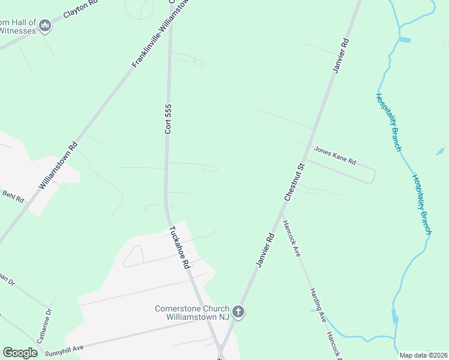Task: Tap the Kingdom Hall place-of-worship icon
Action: (45, 26)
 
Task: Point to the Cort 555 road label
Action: (169, 118)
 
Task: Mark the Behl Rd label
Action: (12, 195)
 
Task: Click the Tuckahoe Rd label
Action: (179, 247)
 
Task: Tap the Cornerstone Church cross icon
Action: (238, 312)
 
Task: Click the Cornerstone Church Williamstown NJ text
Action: (192, 313)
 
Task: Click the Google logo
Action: (20, 352)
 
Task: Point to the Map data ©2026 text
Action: (423, 355)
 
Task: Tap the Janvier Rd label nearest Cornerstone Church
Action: (264, 251)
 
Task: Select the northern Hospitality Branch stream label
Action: (388, 121)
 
